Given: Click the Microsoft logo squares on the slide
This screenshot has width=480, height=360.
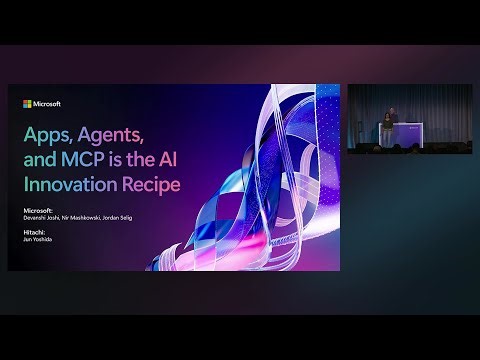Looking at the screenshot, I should [27, 103].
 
